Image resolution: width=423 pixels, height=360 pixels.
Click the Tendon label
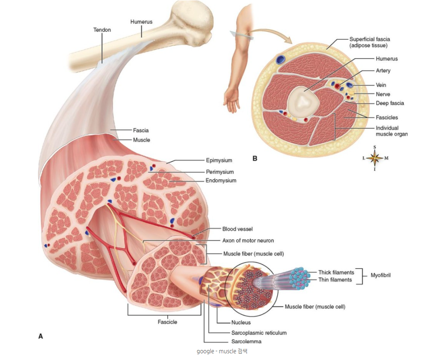coord(102,30)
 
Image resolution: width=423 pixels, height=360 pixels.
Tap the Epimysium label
coord(219,160)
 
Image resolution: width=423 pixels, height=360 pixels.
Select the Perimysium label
coord(219,172)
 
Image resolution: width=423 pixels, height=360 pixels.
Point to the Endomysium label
coord(221,180)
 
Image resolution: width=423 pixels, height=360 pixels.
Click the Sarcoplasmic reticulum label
coord(259,333)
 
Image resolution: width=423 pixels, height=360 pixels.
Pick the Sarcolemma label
coord(246,341)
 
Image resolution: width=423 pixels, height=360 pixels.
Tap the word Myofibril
coord(380,275)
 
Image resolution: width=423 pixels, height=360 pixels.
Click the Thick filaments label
coord(336,272)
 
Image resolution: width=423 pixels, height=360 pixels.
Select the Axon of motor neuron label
coord(248,241)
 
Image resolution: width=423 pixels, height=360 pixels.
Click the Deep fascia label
coord(390,103)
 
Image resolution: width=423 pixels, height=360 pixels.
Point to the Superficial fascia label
coord(370,39)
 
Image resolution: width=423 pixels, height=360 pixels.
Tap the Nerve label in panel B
coord(383,94)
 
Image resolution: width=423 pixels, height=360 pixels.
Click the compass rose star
coord(375,158)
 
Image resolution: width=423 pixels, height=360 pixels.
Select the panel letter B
coord(254,159)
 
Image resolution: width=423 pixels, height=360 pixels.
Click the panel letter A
coord(40,336)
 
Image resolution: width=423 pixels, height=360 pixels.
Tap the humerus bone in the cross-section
coord(303,101)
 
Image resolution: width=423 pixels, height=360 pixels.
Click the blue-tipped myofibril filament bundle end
coord(300,278)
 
